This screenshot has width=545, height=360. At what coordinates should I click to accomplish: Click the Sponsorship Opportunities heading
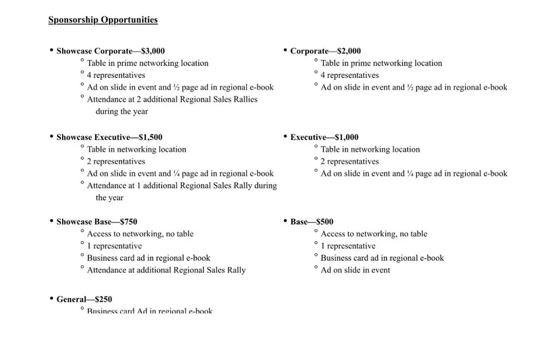(x=103, y=20)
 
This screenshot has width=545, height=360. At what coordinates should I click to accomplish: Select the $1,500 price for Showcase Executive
(x=150, y=137)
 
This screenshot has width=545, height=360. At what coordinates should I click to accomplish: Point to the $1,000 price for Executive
(x=347, y=137)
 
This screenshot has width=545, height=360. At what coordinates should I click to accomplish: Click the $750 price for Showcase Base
(x=128, y=222)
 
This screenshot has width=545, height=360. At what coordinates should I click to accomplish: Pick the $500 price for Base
(x=325, y=222)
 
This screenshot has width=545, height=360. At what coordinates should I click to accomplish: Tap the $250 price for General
(x=102, y=299)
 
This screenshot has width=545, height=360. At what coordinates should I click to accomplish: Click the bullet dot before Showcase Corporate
(x=51, y=50)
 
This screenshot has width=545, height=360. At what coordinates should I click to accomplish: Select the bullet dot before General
(x=51, y=299)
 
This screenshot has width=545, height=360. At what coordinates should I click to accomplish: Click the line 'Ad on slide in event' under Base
(x=355, y=270)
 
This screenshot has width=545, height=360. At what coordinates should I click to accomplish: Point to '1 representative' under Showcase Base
(x=114, y=246)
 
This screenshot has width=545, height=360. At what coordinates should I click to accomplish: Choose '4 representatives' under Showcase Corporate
(x=116, y=75)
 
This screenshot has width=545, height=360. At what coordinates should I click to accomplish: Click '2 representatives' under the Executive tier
(x=350, y=161)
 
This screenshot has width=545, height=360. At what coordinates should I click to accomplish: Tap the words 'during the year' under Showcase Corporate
(x=122, y=112)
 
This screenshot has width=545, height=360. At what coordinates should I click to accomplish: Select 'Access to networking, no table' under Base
(x=374, y=234)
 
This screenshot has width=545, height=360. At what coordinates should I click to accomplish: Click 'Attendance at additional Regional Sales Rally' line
(x=166, y=270)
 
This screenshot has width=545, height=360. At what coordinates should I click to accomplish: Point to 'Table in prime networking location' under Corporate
(x=381, y=63)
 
